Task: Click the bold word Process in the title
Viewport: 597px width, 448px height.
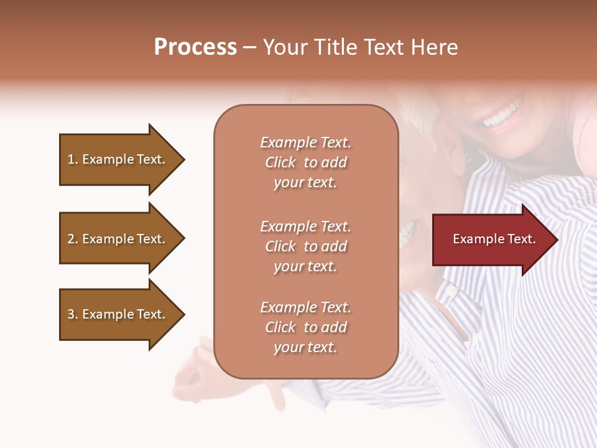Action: pos(195,47)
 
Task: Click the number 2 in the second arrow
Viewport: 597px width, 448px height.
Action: pos(71,239)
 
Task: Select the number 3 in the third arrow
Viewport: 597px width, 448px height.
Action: pos(71,314)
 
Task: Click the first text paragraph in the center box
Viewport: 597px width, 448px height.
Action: pos(305,162)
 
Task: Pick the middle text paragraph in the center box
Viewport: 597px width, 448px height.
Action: pos(305,246)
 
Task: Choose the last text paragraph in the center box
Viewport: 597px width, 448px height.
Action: pos(305,327)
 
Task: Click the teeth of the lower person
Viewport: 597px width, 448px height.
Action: pos(407,233)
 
